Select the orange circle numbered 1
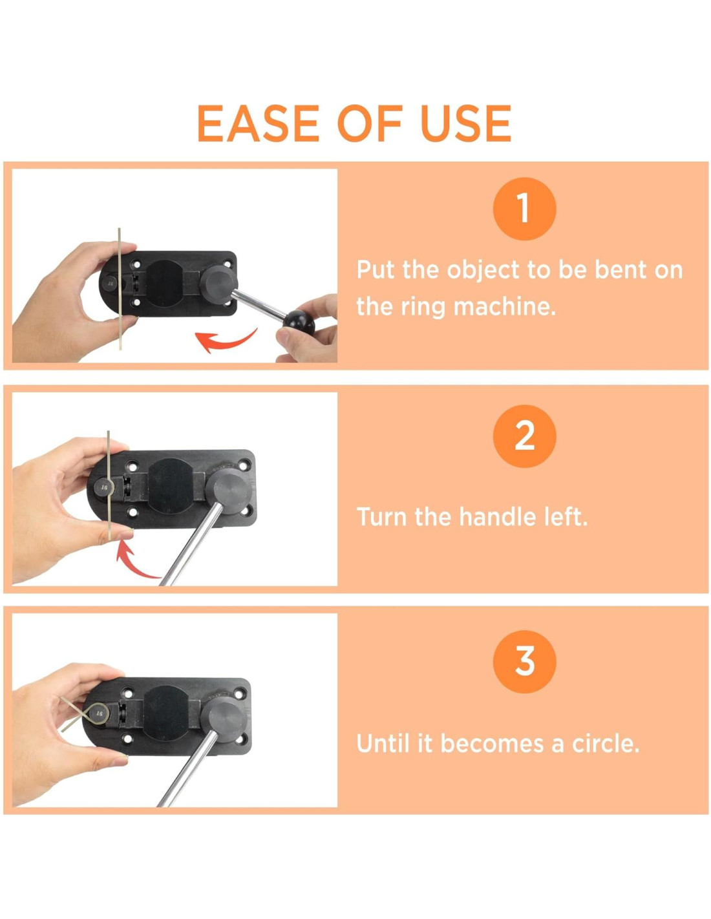click(524, 209)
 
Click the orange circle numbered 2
click(524, 436)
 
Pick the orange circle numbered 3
click(524, 661)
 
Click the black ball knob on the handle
click(299, 324)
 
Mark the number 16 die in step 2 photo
click(103, 488)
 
